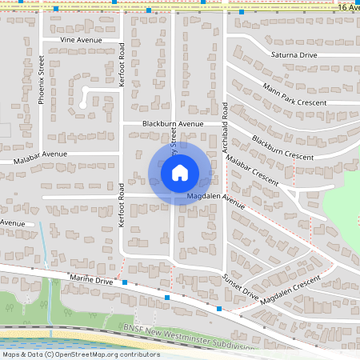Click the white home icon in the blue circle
pos(180,172)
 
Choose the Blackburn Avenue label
pos(169,124)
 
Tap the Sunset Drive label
pos(240,286)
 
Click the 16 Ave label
pos(348,6)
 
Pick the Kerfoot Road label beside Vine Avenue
pos(122,64)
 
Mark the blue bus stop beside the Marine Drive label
pos(126,282)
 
